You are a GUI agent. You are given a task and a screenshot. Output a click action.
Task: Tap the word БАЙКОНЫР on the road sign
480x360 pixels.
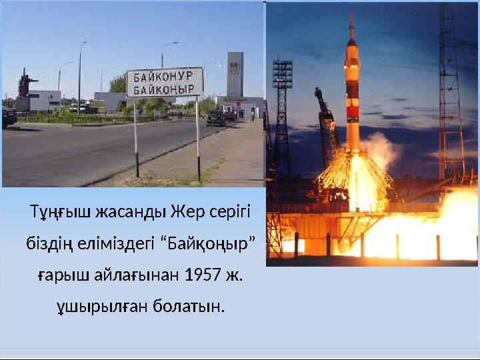(x=165, y=89)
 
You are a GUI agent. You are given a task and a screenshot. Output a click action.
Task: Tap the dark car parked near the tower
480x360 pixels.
(x=215, y=118)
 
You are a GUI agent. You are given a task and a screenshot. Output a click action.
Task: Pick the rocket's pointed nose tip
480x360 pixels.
(x=351, y=16)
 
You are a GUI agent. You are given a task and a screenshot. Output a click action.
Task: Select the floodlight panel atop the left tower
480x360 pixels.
(x=282, y=73)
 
